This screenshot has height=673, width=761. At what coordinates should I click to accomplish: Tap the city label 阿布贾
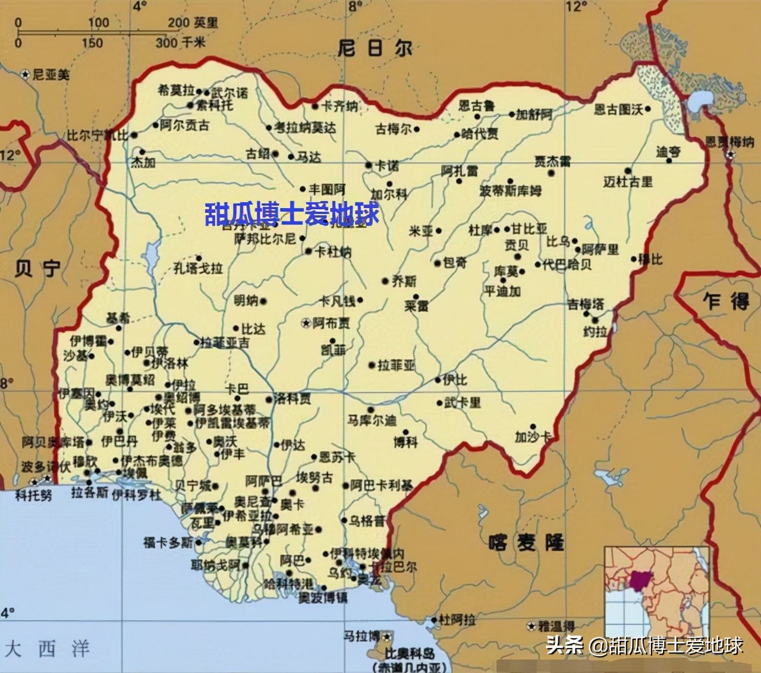coord(331,323)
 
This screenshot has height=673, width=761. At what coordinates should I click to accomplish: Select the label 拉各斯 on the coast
coord(89,493)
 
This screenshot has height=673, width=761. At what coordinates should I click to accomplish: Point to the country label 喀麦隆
coord(526,542)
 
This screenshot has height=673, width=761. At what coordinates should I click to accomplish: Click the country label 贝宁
coord(37,269)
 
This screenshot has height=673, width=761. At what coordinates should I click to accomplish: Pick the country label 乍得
coord(726,301)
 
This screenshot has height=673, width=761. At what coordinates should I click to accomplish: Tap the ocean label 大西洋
coord(47,647)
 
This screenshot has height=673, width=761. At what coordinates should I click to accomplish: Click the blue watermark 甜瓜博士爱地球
coord(291,214)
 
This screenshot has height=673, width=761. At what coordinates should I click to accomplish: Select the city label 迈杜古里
coord(628,182)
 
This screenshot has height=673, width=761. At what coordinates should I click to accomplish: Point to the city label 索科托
coord(215,106)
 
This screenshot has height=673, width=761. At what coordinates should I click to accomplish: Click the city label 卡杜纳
coord(333,252)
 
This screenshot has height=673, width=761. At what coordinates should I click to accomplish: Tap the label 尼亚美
coord(51,75)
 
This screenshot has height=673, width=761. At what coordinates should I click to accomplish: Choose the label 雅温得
coord(556,626)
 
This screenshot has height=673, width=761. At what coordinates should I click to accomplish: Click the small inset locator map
coord(656,591)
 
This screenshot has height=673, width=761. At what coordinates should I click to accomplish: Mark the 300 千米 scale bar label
coord(180,42)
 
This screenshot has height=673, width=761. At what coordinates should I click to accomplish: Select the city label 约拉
coord(595,332)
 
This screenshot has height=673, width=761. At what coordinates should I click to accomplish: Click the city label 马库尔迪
coord(372,420)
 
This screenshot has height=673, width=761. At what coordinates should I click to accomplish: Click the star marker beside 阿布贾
coord(306,323)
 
